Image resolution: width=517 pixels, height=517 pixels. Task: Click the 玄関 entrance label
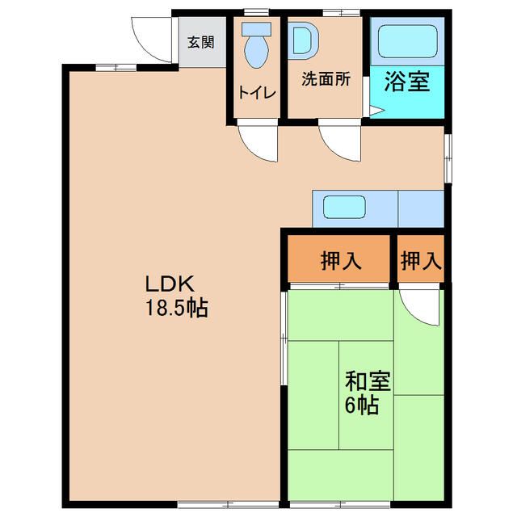point(201,42)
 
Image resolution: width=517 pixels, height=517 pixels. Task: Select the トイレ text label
point(257,93)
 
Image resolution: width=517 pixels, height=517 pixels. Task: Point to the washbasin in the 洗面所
point(304,40)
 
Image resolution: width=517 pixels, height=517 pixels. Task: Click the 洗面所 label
point(326,79)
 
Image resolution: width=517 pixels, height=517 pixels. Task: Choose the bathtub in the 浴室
point(407,41)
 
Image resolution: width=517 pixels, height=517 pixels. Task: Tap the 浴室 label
point(407,82)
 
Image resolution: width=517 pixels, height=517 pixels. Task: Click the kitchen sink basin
point(345,207)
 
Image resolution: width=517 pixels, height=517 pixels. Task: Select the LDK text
point(170,284)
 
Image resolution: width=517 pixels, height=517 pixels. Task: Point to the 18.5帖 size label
point(177,309)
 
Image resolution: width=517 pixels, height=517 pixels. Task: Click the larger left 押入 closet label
point(341,261)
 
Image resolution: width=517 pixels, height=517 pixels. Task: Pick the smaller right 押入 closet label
point(421,261)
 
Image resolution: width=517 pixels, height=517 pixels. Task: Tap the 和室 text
point(368,381)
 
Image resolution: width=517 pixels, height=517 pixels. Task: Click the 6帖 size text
point(361,405)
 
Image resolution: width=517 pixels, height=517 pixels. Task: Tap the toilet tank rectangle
point(257,29)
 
